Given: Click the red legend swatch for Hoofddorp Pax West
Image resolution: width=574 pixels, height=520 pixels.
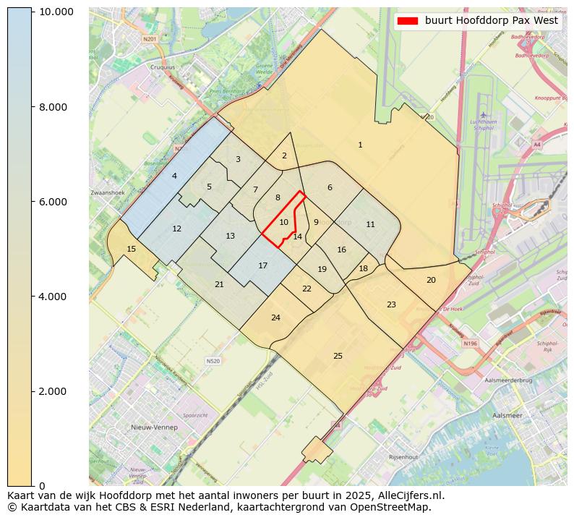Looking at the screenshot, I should pos(408,21).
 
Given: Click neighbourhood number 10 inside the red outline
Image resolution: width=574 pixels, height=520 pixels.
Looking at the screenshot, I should pos(284,223).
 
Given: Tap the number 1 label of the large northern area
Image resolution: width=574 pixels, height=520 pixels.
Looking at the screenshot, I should pos(360,145).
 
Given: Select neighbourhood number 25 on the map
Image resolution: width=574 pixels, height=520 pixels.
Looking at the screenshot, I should pos(338,356).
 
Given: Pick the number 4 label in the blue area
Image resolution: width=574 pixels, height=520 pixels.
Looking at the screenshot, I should pos(174,176).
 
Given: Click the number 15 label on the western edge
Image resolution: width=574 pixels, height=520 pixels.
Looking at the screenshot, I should pos(131,249).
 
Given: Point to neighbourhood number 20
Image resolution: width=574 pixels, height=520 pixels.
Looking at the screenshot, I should pos(431,280).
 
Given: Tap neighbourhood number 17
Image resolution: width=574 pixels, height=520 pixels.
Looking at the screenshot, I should pos(263,266).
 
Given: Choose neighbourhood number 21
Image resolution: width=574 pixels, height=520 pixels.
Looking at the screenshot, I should pos(219,285).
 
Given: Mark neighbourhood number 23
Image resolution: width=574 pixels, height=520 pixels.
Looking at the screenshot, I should pos(391,304).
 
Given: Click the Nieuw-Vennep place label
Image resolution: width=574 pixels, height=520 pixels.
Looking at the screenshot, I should pos(154,427).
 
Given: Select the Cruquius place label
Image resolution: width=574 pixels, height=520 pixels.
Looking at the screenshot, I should pos(162,67).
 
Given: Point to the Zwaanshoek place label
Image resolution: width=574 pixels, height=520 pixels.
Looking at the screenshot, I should pos(108,193).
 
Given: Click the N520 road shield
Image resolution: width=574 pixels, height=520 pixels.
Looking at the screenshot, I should pos(213,361).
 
